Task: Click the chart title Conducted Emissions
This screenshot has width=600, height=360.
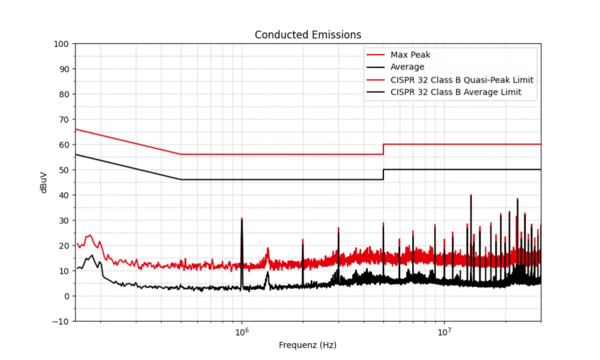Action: point(307,35)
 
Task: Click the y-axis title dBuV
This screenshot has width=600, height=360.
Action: point(44,182)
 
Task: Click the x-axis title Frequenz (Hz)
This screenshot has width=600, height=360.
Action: point(307,345)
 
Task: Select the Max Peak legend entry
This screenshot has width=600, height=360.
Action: point(410,55)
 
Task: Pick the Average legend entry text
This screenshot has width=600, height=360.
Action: point(407,67)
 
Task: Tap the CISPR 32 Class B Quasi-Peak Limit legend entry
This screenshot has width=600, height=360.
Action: point(461,80)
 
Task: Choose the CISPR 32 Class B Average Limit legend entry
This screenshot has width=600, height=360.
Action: point(456,92)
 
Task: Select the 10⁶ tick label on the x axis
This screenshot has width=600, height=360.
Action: point(241,332)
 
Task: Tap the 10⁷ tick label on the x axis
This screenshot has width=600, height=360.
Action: point(444,332)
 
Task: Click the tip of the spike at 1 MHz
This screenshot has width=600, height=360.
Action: point(242,218)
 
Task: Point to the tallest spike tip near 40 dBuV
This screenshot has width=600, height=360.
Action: point(471,195)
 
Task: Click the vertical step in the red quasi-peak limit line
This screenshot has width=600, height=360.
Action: point(383,149)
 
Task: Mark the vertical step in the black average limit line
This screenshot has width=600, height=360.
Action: point(383,174)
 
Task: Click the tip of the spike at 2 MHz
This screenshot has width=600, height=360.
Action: point(303,240)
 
